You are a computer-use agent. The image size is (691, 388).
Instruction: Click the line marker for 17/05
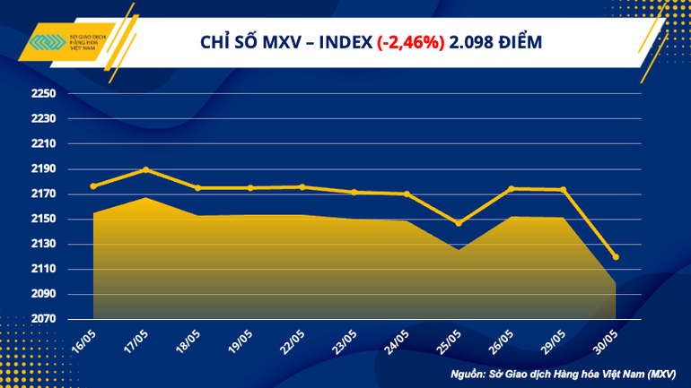[145, 169]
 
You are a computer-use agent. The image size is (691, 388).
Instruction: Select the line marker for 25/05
[459, 223]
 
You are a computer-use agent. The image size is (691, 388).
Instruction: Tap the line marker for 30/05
[616, 257]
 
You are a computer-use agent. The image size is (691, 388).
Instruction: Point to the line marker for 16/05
[93, 186]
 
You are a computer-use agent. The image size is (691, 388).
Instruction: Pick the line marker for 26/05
[511, 188]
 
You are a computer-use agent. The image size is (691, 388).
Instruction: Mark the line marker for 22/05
[302, 187]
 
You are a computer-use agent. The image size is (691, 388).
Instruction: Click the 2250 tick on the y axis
[43, 94]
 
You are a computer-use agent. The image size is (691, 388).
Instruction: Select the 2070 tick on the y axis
[43, 320]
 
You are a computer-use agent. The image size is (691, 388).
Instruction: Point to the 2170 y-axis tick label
[43, 194]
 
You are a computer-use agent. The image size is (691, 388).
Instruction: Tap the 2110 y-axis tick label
[43, 270]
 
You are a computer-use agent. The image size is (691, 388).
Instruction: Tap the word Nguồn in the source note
[469, 371]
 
